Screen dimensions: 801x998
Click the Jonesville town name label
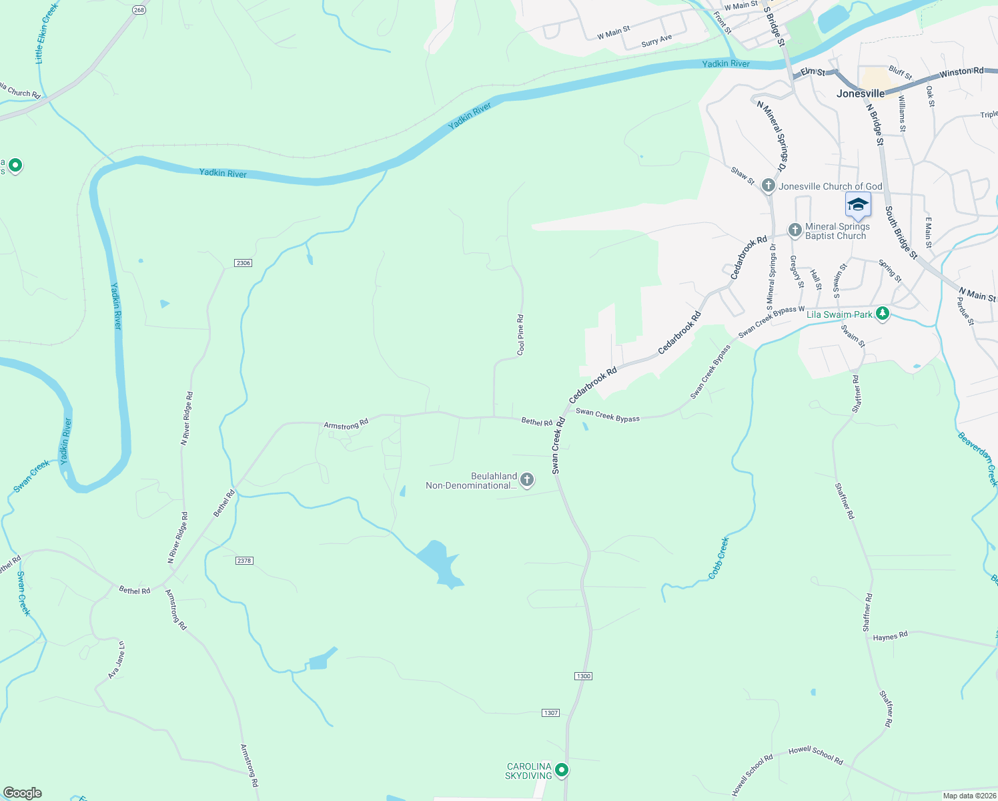[861, 93]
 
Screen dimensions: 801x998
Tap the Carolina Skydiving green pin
[562, 770]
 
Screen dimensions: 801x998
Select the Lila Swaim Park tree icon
[883, 313]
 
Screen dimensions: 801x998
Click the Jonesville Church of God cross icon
[769, 186]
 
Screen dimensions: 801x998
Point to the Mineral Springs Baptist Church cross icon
[795, 230]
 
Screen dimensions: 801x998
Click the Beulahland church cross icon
[527, 479]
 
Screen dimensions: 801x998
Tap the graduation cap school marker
[858, 204]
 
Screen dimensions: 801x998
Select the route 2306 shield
[243, 263]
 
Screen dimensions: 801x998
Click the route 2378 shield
[244, 560]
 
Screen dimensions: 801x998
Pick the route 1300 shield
[583, 676]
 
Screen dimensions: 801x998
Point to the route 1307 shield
[550, 713]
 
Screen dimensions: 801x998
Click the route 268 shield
[139, 10]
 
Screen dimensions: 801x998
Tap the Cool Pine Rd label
[521, 334]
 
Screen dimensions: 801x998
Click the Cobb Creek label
[718, 557]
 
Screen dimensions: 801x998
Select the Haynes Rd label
[890, 636]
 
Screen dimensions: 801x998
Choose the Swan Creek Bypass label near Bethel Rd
[607, 416]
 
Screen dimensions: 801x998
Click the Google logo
[23, 792]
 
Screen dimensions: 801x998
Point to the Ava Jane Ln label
[117, 660]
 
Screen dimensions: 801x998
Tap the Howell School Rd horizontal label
[815, 754]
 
